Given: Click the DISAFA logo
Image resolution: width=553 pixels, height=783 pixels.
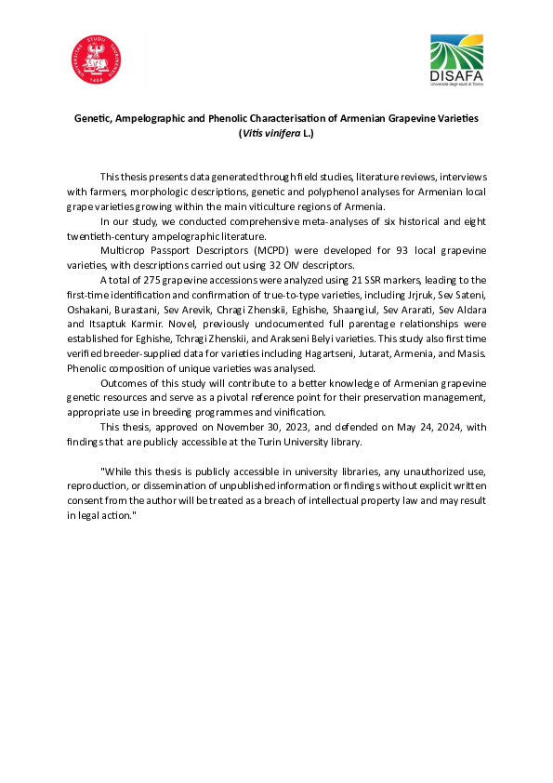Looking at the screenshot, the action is [x=456, y=61].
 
